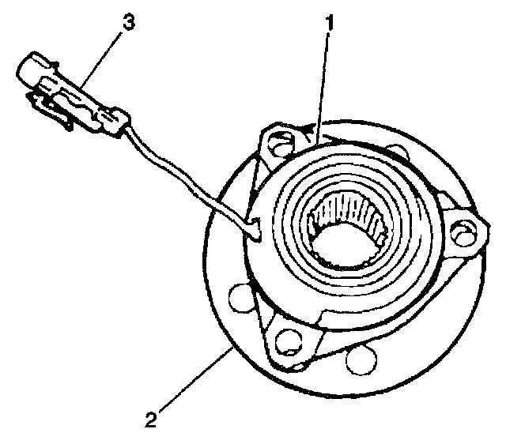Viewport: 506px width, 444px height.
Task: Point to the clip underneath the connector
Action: click(x=55, y=111)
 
